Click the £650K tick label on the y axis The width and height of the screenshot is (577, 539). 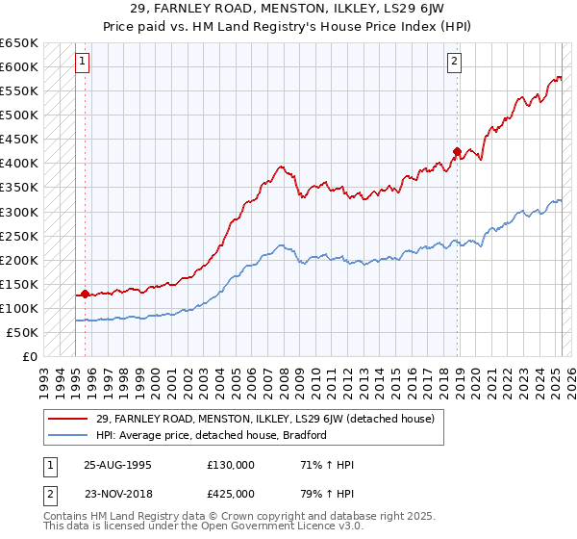click(19, 43)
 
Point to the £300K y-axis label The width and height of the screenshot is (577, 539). click(19, 212)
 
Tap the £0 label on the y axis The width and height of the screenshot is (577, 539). click(29, 356)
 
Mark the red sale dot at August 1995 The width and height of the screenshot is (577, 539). click(86, 294)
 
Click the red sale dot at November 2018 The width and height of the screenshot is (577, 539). click(457, 151)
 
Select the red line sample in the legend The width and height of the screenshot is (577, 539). click(66, 419)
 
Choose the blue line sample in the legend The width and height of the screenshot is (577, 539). click(66, 435)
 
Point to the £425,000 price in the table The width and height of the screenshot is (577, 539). click(231, 493)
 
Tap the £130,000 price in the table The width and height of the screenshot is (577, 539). click(231, 465)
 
